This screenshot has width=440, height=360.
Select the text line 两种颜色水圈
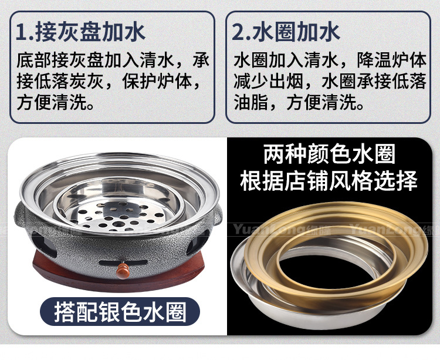329,155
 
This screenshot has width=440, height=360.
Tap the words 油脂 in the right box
249,105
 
